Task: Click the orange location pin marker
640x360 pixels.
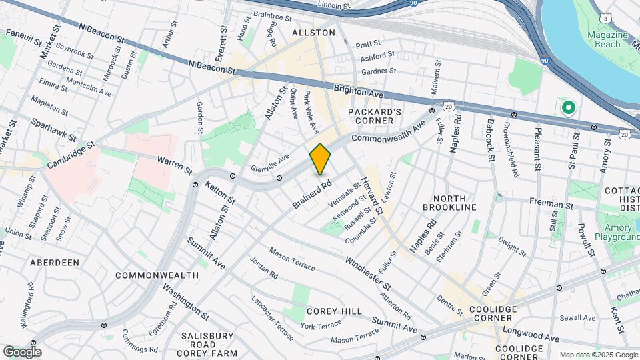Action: [321, 159]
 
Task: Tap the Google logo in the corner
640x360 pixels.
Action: [21, 351]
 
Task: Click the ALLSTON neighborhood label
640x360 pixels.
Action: [313, 32]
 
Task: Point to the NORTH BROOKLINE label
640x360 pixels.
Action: [455, 203]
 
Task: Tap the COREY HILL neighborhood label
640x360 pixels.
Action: [334, 311]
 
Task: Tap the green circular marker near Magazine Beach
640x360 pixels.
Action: [568, 107]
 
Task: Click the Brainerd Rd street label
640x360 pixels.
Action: [311, 193]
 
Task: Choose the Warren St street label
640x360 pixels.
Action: [174, 161]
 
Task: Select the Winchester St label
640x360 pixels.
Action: [368, 272]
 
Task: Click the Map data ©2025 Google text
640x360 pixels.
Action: [598, 355]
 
